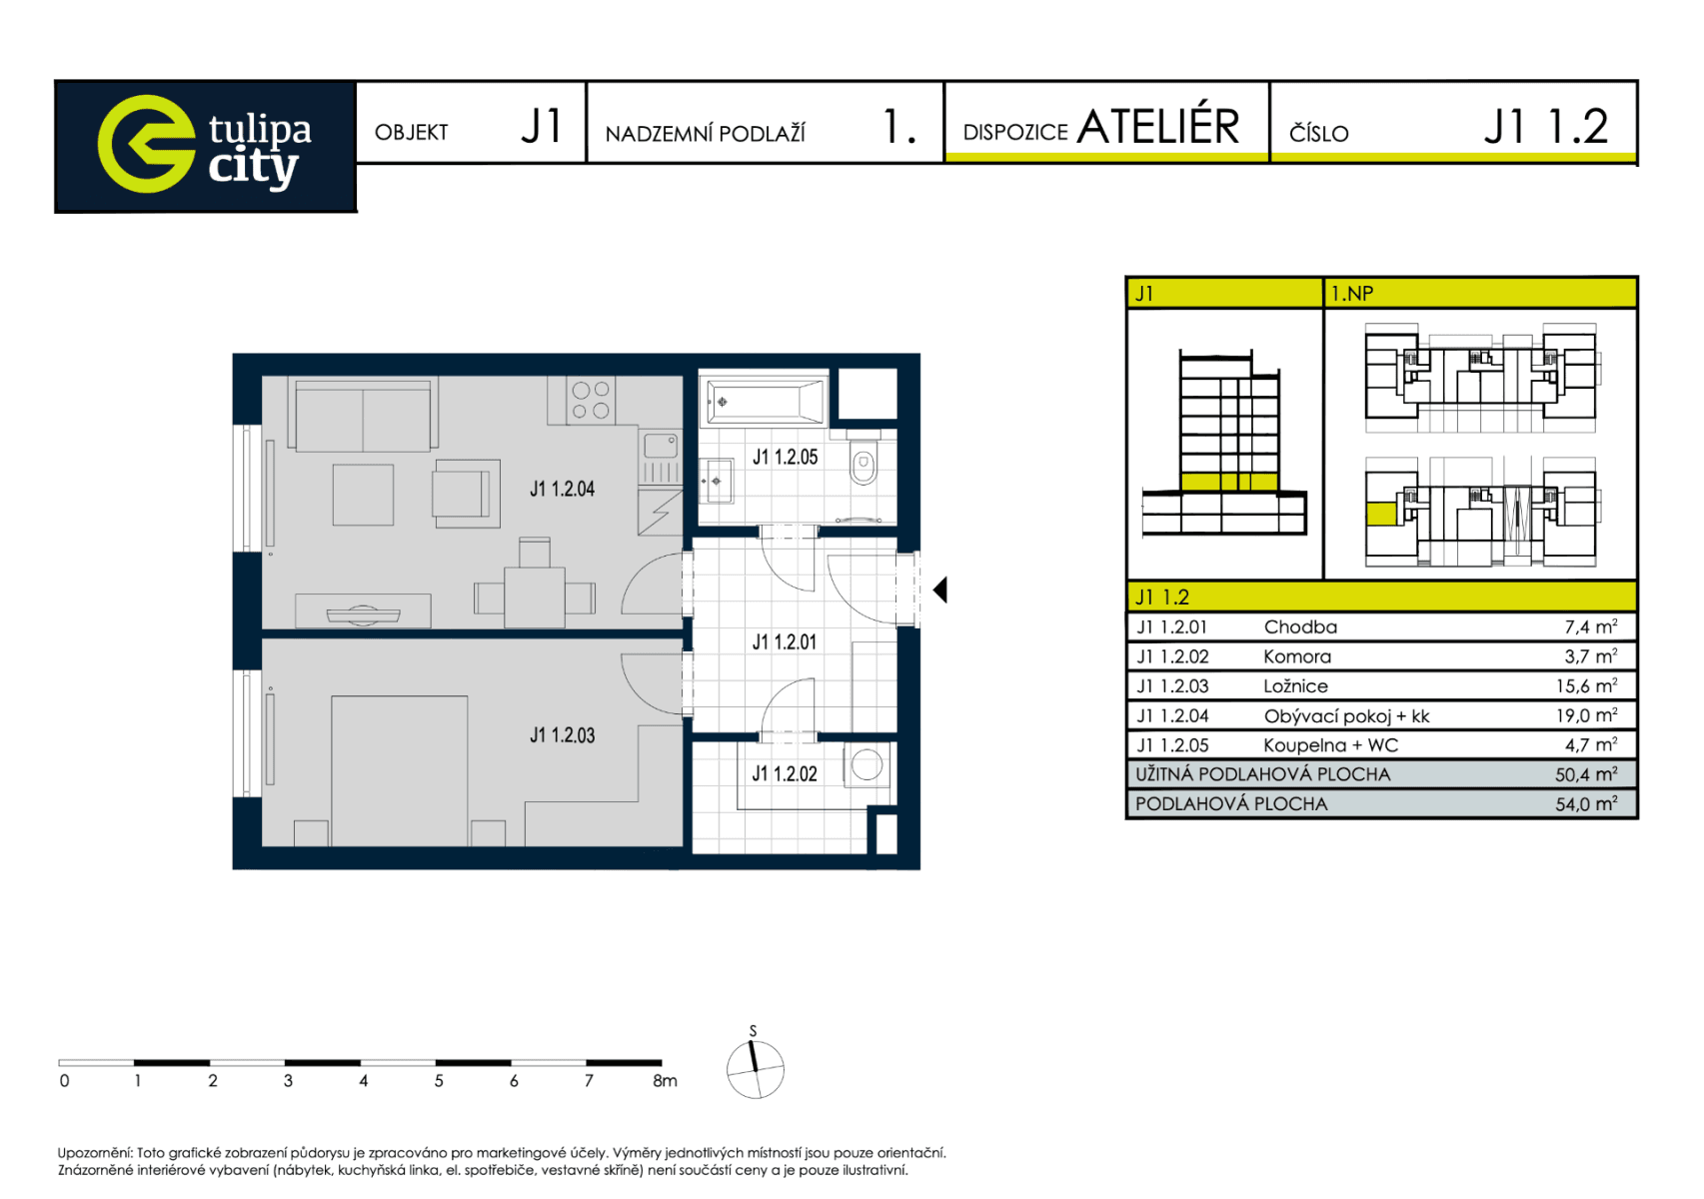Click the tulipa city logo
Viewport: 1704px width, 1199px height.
click(x=205, y=146)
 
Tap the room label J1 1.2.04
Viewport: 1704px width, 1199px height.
click(x=562, y=489)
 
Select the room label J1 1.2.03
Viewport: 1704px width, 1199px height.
click(x=562, y=735)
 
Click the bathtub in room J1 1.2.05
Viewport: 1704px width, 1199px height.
click(x=765, y=402)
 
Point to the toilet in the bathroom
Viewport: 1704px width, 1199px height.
click(x=863, y=464)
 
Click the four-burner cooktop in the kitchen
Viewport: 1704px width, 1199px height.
click(x=591, y=400)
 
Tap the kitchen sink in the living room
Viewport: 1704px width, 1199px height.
click(x=660, y=445)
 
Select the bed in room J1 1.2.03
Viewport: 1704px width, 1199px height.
click(x=400, y=769)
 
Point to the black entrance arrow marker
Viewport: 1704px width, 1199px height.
click(x=939, y=591)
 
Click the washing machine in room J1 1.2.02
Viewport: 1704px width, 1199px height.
click(x=866, y=765)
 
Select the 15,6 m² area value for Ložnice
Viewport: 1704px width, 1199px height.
click(x=1586, y=686)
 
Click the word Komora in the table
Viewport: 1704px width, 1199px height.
click(x=1296, y=656)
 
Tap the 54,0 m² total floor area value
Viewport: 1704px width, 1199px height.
click(x=1586, y=804)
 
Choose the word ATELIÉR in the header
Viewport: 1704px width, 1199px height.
click(x=1157, y=127)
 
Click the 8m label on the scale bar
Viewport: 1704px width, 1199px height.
click(x=665, y=1081)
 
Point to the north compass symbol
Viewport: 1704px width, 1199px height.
click(x=756, y=1068)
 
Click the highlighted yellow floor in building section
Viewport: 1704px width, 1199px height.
click(x=1228, y=483)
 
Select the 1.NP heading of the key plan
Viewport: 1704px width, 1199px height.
click(x=1352, y=294)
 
